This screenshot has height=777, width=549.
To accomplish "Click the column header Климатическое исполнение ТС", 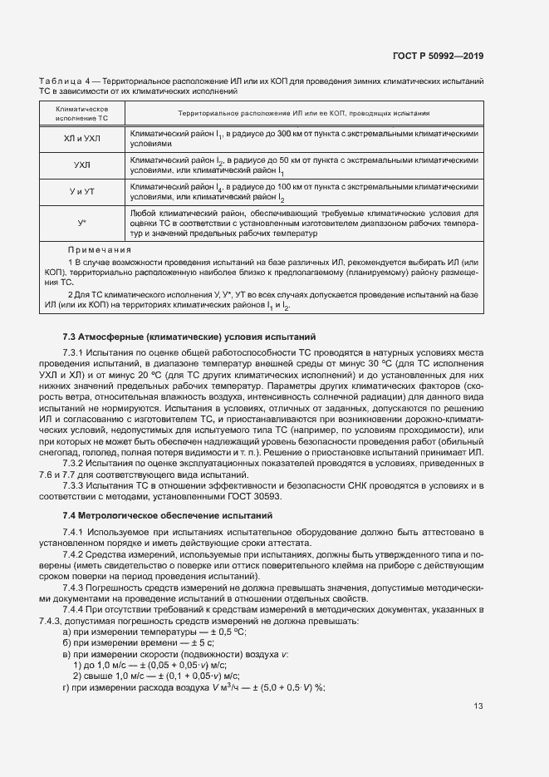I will click(x=81, y=115).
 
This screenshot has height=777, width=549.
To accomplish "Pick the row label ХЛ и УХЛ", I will click(x=81, y=138).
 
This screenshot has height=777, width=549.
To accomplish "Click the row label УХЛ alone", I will click(x=81, y=165).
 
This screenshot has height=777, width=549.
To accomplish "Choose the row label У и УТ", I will click(x=81, y=193).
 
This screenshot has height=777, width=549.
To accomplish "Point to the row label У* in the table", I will click(x=81, y=224).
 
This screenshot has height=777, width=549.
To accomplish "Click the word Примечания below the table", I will click(x=100, y=249).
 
